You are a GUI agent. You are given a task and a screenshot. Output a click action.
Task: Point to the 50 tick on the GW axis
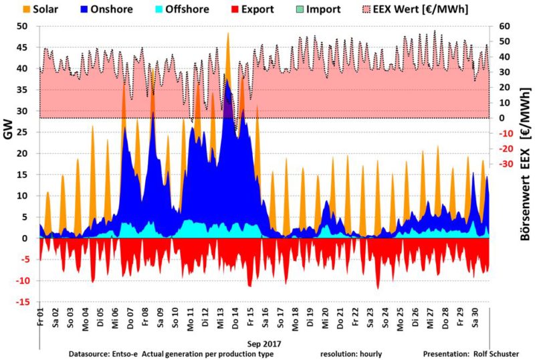(x=24, y=26)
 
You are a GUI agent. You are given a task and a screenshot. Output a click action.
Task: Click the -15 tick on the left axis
(x=23, y=302)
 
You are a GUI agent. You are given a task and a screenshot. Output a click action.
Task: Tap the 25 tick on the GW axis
(x=24, y=132)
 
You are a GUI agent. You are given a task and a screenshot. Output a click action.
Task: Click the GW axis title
(x=9, y=132)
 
